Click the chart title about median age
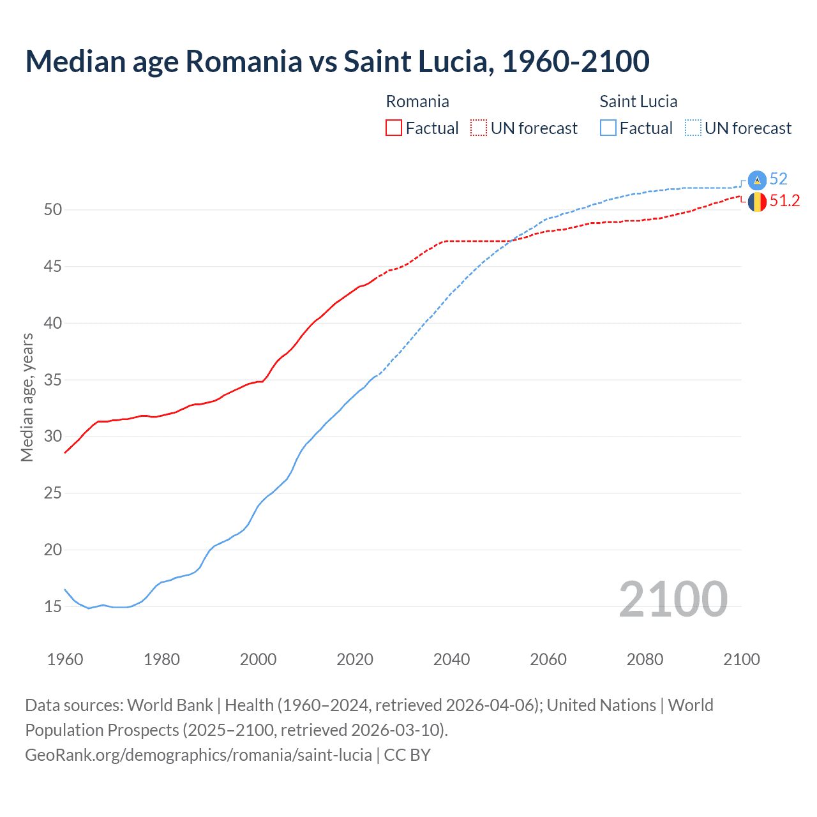coord(337,61)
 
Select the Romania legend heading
coord(417,101)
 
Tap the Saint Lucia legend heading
coord(638,101)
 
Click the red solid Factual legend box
coord(394,128)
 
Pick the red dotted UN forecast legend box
coord(479,128)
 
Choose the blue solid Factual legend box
coord(608,128)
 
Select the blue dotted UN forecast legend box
coord(693,128)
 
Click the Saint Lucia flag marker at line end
coord(757,180)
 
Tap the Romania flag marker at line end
coord(757,202)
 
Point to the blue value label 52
coord(779,179)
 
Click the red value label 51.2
coord(784,201)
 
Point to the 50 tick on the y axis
coord(53,210)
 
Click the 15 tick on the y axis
coord(53,606)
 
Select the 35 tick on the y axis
coord(53,380)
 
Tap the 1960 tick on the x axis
coord(65,659)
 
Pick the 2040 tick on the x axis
coord(451,659)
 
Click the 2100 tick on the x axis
coord(741,659)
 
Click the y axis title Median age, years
coord(27,397)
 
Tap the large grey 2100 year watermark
coord(673,599)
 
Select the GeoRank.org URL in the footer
coord(199,755)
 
